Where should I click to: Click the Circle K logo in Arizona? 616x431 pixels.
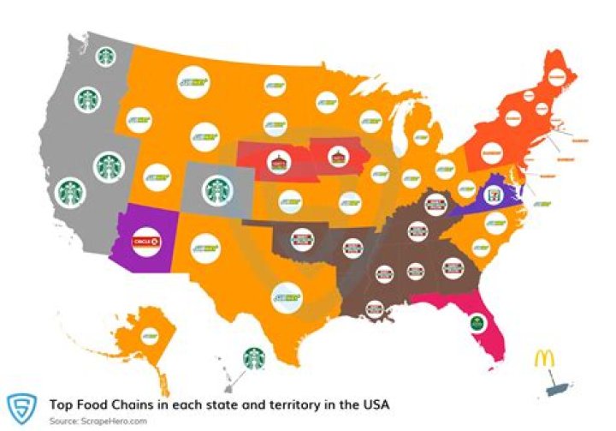pyautogui.click(x=143, y=242)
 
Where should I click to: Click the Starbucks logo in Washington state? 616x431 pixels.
pyautogui.click(x=105, y=57)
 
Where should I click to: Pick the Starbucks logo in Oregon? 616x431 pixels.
pyautogui.click(x=86, y=99)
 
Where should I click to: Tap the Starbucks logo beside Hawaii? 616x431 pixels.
pyautogui.click(x=254, y=357)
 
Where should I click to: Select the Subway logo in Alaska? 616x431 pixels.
pyautogui.click(x=151, y=333)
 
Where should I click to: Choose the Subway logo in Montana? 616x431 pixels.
pyautogui.click(x=194, y=81)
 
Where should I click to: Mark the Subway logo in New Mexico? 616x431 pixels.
pyautogui.click(x=205, y=249)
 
